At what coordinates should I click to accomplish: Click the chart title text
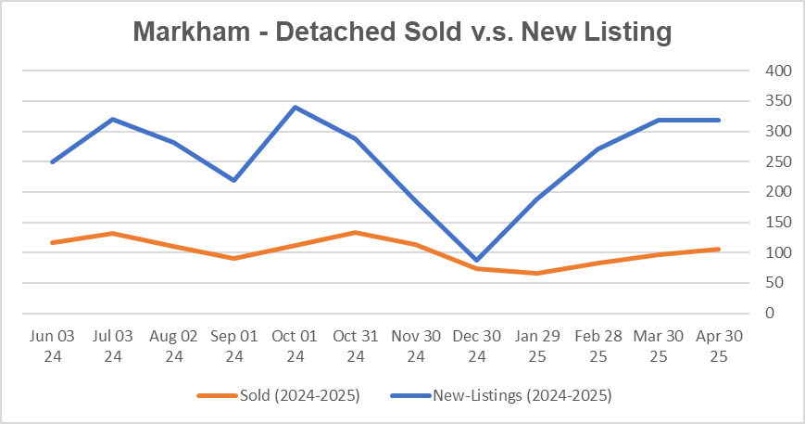401,32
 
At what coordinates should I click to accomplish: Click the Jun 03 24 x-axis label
52,344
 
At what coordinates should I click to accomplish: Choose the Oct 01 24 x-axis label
295,344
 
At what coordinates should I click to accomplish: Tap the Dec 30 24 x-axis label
476,344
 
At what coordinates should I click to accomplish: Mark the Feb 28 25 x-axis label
597,344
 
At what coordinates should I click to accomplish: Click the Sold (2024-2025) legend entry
278,396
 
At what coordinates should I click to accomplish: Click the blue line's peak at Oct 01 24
295,107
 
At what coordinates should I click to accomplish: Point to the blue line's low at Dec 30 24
476,261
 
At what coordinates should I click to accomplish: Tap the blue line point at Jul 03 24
112,119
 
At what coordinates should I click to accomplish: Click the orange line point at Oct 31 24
355,232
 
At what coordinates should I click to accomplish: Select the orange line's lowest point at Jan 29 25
537,273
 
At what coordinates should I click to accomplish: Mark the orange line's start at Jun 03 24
52,242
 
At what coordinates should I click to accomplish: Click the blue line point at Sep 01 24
233,180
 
